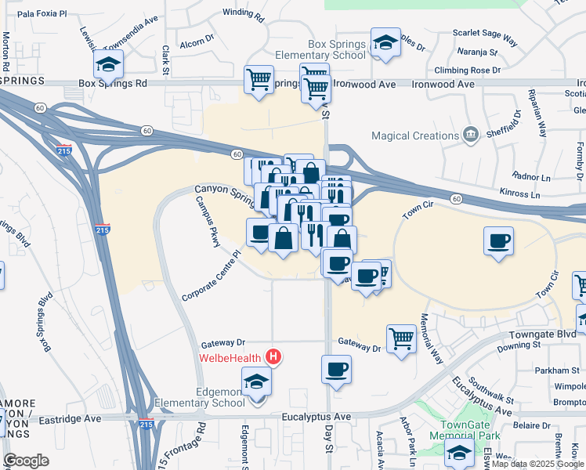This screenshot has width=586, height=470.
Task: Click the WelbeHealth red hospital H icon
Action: [x=273, y=357]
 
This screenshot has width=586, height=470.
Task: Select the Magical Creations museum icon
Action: [x=470, y=135]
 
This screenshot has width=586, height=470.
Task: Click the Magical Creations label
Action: [x=414, y=136]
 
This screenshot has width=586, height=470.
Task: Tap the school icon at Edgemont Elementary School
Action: [x=256, y=381]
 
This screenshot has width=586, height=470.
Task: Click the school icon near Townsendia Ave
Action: [x=108, y=63]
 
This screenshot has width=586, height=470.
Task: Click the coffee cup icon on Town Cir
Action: [x=498, y=240]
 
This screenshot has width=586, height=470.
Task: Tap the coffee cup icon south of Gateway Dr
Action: [x=336, y=368]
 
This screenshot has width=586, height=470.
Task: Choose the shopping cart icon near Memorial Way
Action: [x=401, y=338]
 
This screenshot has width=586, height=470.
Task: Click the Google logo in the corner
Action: [x=26, y=460]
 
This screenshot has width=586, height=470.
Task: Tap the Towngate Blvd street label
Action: [x=546, y=333]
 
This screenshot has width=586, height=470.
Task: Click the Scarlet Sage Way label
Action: [x=485, y=34]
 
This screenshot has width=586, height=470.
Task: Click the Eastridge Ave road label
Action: [x=72, y=419]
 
